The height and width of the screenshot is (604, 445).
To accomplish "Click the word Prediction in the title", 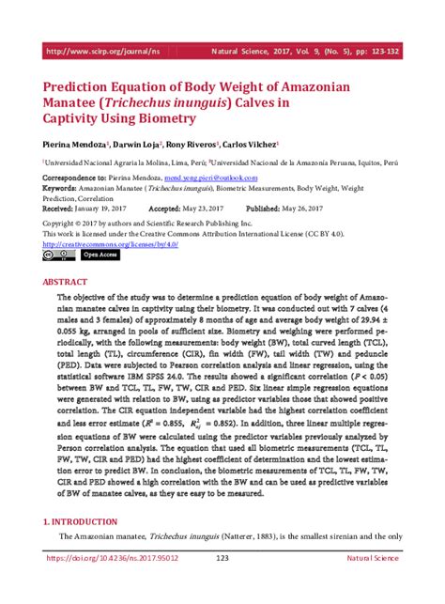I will tap(85, 85).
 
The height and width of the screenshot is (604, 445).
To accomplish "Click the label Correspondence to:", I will tap(76, 177).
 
